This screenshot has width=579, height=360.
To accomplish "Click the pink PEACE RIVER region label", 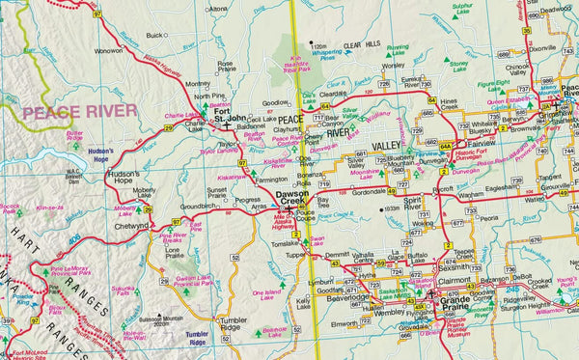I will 79,112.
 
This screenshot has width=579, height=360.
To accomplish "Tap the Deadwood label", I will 556,10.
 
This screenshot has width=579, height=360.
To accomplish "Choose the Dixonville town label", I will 542,47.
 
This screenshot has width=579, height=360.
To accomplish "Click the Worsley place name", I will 393,67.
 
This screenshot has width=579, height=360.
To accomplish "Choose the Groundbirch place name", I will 198,206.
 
